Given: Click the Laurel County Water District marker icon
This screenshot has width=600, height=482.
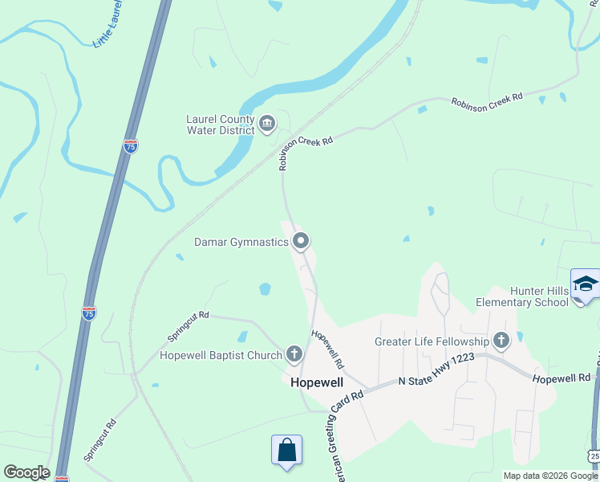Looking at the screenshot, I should coord(267,124).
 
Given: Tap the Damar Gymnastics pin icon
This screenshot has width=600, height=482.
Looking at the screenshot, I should coord(302,241).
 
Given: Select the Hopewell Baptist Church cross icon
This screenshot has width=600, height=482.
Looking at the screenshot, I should coord(294,353).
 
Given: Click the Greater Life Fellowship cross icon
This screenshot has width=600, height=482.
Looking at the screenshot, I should coord(501,341).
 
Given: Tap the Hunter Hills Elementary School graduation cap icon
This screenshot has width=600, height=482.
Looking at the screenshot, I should coord(586,285).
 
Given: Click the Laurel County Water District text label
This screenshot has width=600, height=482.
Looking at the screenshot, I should coord(221,125).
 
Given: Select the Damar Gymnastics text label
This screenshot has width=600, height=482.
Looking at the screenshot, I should coord(241,242).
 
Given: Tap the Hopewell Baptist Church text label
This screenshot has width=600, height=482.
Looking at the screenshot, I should coord(221,355).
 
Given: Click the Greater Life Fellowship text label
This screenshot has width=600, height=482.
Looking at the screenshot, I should coord(432,341).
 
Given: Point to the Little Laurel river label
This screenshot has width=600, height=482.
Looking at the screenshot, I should coord(110,25).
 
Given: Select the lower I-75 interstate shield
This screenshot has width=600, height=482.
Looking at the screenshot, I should coord(89,312).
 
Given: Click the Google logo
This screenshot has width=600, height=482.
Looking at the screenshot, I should coord(26,472).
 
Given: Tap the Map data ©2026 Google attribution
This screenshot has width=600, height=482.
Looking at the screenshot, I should coord(550,476).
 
